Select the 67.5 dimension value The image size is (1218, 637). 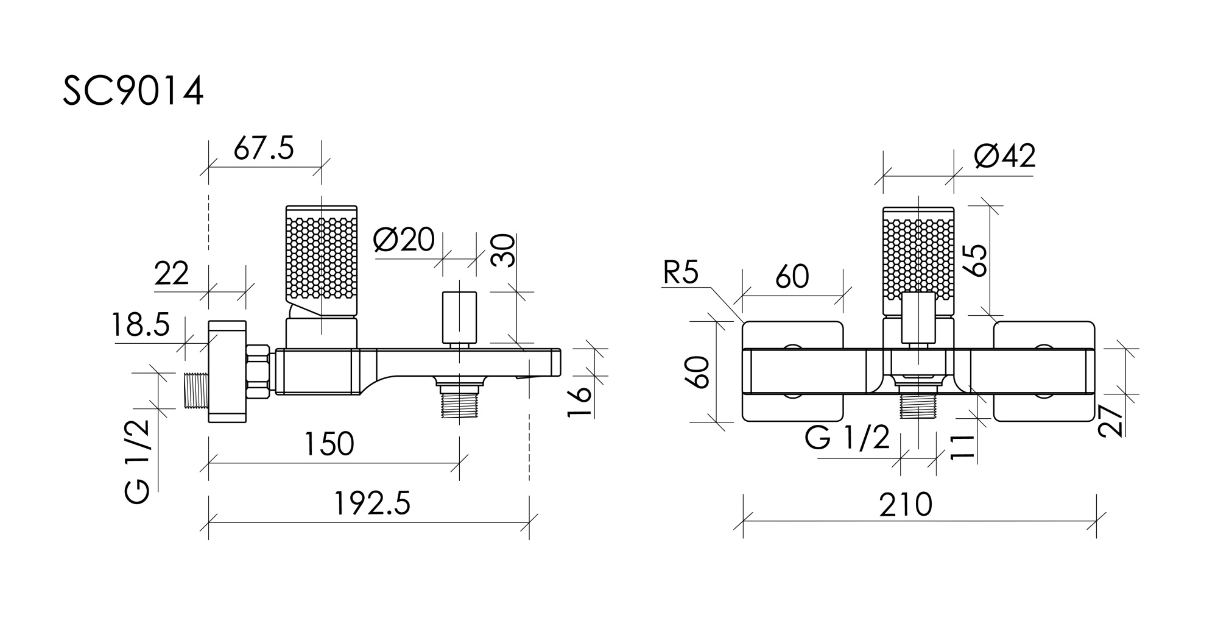click(x=264, y=148)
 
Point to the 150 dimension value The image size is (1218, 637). click(x=329, y=444)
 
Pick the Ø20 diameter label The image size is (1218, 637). click(x=404, y=240)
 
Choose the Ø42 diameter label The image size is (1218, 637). click(x=1004, y=156)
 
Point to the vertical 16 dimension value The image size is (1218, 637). click(x=580, y=400)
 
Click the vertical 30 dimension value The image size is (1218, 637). click(x=504, y=251)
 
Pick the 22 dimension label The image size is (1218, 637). click(x=172, y=274)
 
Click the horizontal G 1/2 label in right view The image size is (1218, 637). click(x=847, y=437)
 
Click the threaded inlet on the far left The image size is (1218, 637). click(x=195, y=390)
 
